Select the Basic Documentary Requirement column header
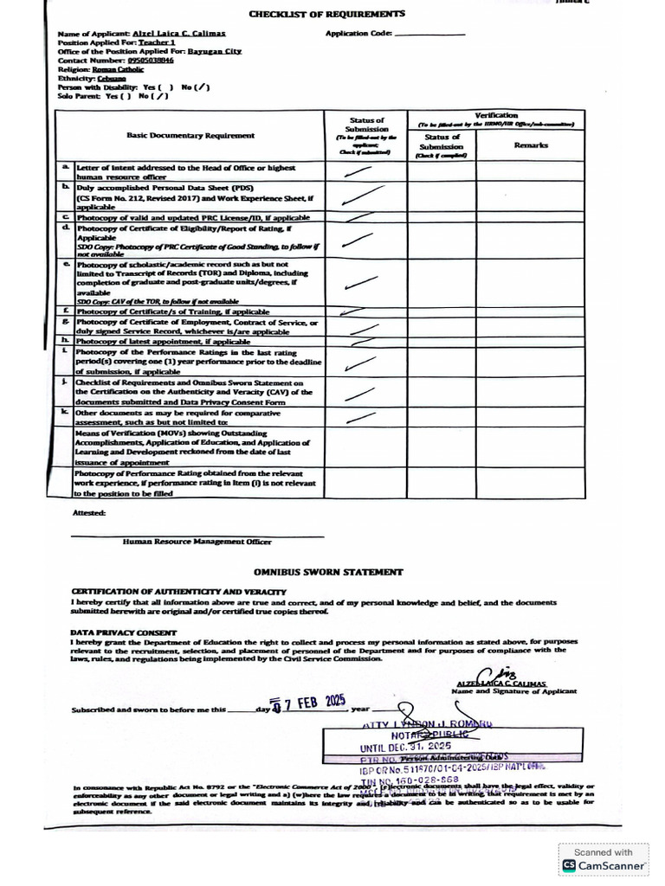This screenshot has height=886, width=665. pos(190,135)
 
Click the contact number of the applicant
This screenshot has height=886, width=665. pos(151,61)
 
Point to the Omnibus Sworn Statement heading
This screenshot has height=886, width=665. pos(327,572)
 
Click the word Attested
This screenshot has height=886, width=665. pos(88,512)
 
